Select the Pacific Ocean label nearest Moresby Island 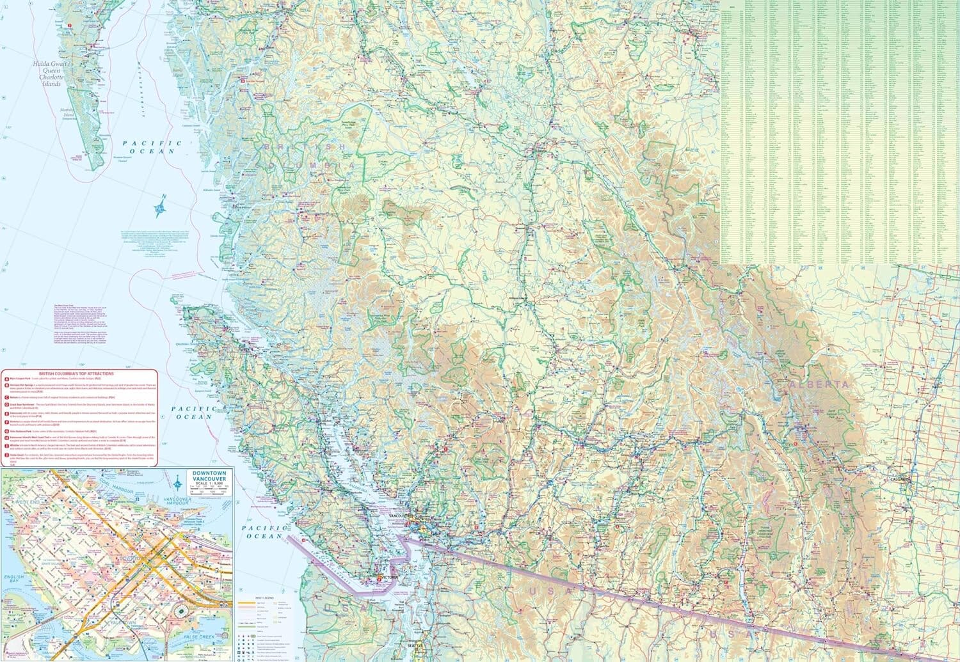tap(148, 148)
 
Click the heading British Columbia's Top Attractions tap(76, 373)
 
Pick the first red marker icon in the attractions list tap(6, 379)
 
